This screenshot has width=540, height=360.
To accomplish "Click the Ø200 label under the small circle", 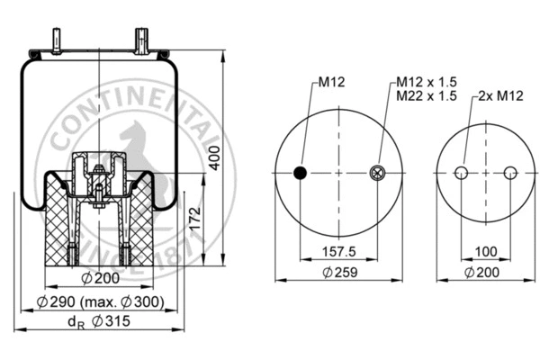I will (485, 273).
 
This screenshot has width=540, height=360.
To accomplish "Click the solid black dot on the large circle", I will (301, 174).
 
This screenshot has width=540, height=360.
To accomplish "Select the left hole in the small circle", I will (462, 174).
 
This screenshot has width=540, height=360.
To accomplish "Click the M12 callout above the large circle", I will (329, 83).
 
